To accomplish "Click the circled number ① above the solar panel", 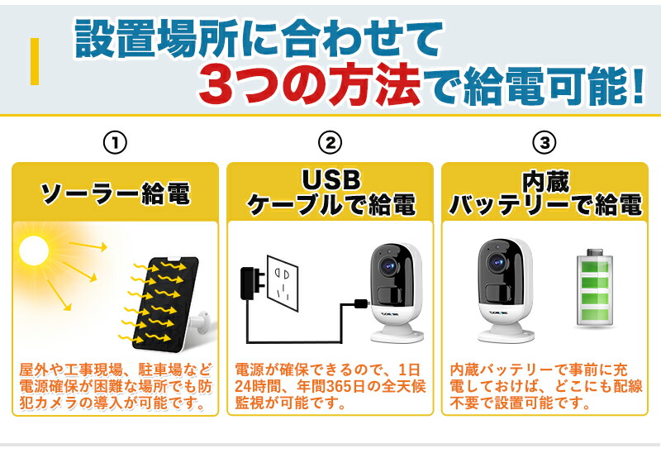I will (115, 142).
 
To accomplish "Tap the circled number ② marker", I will (330, 142).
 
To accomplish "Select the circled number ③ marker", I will (544, 142).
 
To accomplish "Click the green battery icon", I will (595, 289).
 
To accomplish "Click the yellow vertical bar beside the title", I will (35, 61).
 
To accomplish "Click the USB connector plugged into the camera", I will (360, 304).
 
